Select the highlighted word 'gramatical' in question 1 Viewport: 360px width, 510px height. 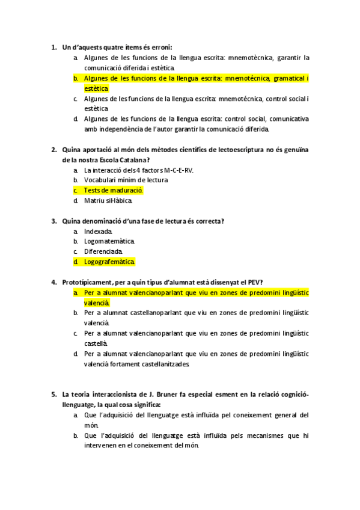pyautogui.click(x=288, y=78)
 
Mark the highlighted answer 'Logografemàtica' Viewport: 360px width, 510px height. pyautogui.click(x=109, y=262)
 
